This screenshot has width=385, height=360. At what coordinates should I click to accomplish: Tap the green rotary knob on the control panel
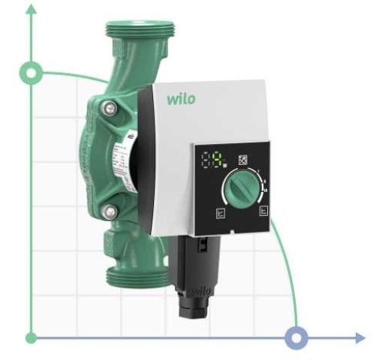click(240, 187)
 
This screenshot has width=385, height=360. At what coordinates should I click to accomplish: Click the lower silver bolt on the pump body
click(110, 211)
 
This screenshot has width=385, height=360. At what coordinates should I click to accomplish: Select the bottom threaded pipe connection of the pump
click(136, 277)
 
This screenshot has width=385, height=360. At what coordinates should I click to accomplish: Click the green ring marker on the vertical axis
click(32, 73)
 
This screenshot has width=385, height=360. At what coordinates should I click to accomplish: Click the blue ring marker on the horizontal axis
click(298, 337)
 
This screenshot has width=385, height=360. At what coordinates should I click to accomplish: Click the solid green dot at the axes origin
click(32, 337)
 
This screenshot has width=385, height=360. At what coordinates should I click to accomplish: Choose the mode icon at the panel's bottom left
click(219, 212)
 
